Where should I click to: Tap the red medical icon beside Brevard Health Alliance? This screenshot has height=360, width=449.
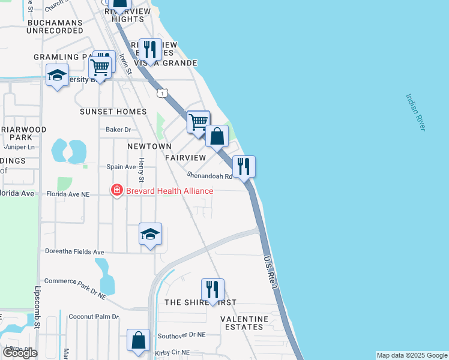pos(116,191)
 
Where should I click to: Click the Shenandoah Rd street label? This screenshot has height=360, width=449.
pos(209,176)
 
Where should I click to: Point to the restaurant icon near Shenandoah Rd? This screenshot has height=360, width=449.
pos(244,166)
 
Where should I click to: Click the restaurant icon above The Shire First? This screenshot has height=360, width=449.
pos(212,289)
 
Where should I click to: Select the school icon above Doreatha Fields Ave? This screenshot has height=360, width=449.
pos(150,234)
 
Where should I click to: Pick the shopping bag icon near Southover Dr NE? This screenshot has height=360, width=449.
pos(139,340)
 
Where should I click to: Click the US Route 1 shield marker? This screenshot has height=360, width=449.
pos(162,93)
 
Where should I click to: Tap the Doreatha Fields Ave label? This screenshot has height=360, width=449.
pos(74,252)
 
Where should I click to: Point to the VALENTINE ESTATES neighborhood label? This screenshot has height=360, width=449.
pos(250,323)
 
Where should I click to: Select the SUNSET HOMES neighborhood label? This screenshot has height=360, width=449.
pos(113,112)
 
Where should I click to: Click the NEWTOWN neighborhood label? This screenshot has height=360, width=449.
pos(149,146)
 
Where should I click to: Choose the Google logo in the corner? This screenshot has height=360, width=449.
pos(20,353)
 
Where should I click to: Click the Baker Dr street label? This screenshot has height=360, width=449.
pos(118,130)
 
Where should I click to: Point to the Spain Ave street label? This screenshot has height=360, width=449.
pos(121,167)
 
